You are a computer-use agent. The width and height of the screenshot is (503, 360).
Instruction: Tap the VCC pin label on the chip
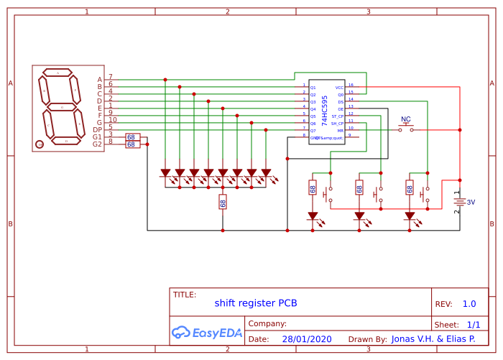339,88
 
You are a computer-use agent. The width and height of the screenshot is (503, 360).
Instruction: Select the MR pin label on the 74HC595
341,130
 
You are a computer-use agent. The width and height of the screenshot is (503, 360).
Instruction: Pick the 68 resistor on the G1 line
131,137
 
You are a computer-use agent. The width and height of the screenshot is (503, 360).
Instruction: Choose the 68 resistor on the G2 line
131,144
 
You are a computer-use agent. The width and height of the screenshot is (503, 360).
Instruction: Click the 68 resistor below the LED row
223,202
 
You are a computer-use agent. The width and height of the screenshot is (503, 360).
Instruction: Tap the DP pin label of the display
97,130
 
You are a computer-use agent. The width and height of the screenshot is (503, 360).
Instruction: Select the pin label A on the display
99,80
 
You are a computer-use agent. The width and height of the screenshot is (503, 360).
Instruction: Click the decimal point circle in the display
40,144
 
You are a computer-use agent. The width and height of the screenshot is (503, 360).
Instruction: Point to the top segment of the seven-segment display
58,73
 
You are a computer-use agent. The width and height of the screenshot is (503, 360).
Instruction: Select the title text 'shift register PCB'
255,303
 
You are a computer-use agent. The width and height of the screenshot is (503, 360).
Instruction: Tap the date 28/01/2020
306,339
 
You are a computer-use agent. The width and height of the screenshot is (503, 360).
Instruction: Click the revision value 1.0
469,304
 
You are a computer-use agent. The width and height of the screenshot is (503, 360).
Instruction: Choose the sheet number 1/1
474,325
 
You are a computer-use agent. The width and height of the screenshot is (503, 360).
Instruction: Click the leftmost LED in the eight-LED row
165,173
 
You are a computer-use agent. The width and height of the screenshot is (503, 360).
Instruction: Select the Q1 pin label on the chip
313,88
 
